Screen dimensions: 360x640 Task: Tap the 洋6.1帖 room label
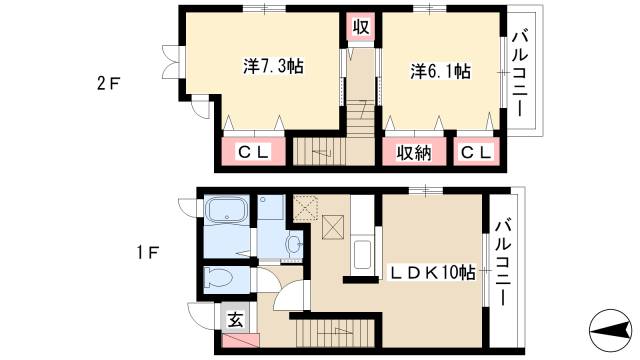[439, 71]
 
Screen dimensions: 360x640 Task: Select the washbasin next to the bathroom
[291, 243]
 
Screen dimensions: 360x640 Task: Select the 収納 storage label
[413, 151]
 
